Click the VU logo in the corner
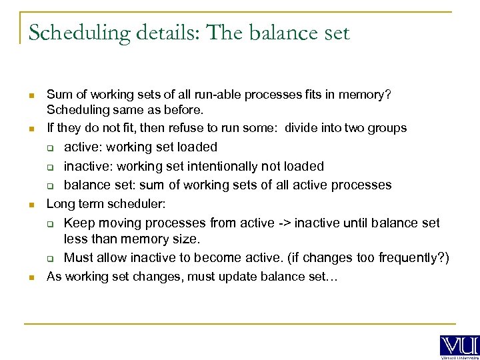[x=459, y=345]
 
